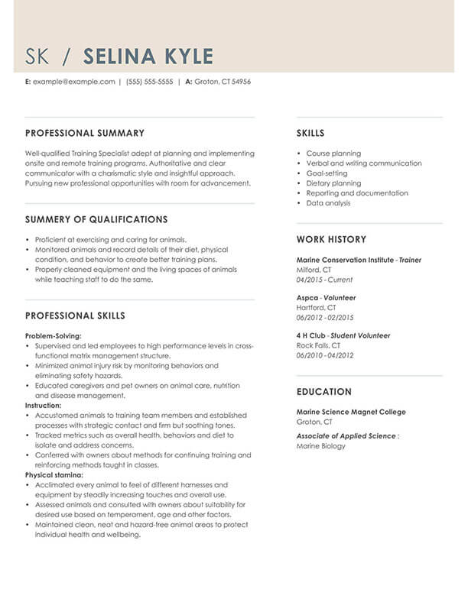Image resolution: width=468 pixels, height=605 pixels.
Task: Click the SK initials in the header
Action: [x=40, y=57]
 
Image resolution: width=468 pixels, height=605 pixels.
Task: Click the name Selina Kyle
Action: [x=148, y=57]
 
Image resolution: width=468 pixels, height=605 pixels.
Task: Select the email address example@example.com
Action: [x=73, y=82]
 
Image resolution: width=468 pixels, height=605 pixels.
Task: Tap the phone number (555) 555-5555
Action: [x=149, y=82]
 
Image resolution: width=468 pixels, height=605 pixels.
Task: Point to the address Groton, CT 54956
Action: [x=223, y=82]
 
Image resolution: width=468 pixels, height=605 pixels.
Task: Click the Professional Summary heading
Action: [x=84, y=133]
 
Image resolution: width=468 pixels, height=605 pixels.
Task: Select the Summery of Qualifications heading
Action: [x=96, y=219]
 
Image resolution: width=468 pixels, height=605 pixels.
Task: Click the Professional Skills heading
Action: [x=75, y=315]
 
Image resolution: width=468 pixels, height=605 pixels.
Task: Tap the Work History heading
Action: [x=331, y=239]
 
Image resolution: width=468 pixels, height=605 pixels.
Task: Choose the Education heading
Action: [x=324, y=392]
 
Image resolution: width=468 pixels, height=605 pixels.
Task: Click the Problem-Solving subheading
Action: [x=53, y=335]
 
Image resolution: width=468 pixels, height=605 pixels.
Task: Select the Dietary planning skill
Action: [x=333, y=183]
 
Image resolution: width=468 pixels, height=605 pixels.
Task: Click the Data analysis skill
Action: [x=328, y=203]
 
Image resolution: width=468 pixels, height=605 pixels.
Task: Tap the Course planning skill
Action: [x=333, y=154]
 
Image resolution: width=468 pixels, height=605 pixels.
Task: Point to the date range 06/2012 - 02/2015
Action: [x=325, y=317]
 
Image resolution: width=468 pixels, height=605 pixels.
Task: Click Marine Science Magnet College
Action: [x=351, y=412]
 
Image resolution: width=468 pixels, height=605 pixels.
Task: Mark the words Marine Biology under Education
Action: [x=320, y=446]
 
